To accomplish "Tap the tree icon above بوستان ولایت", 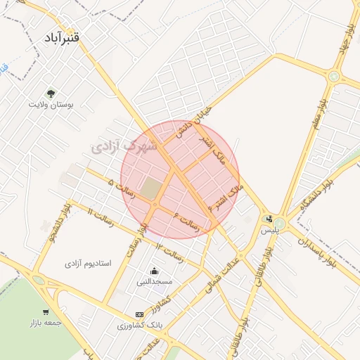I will (x=51, y=92).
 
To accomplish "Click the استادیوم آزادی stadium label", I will (x=88, y=263).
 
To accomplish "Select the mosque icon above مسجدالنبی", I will (x=154, y=271).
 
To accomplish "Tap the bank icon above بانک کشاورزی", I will (x=139, y=314).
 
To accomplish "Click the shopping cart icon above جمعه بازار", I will (x=46, y=312).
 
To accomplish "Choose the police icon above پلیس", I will (x=269, y=219).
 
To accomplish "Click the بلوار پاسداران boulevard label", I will (x=317, y=251).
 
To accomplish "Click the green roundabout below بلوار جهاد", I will (x=334, y=77).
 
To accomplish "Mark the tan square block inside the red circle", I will (x=150, y=188).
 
